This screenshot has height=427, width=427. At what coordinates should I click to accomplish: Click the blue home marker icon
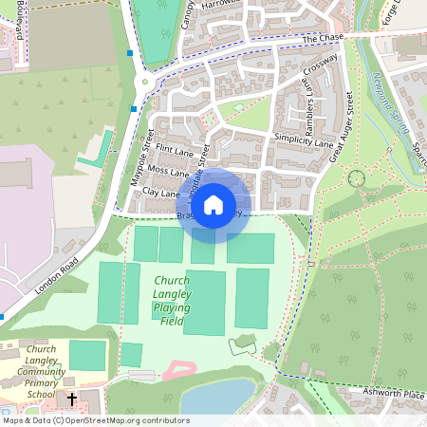213,204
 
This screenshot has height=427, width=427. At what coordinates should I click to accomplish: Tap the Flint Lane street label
174,150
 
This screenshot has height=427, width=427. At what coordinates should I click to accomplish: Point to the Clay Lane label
160,193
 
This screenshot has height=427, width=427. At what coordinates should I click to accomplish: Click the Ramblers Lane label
309,106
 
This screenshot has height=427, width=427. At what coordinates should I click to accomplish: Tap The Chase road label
323,38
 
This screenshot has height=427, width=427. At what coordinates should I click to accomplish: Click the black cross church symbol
72,399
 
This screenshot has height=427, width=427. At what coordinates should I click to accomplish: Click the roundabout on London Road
143,82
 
